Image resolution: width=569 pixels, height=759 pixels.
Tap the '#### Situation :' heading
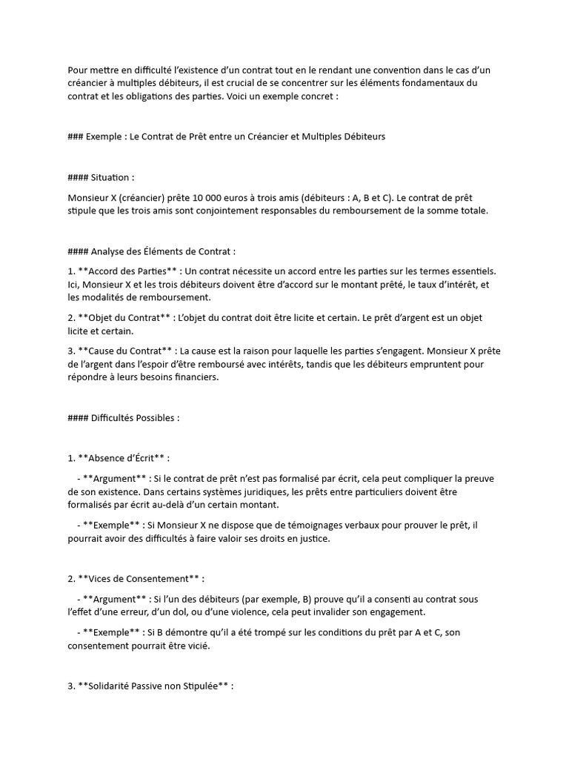pyautogui.click(x=101, y=178)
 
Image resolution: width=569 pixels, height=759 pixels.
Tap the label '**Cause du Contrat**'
pyautogui.click(x=124, y=351)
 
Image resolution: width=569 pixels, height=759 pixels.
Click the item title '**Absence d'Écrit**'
pyautogui.click(x=124, y=458)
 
